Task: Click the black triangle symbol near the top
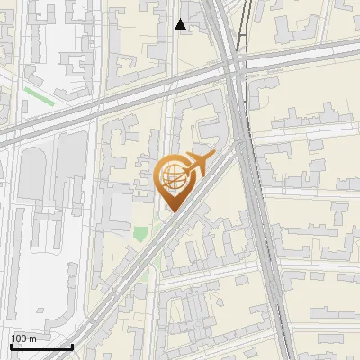click(181, 24)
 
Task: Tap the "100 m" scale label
click(23, 338)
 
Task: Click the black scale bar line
click(41, 346)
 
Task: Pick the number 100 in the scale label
click(19, 338)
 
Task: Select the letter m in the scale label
click(32, 338)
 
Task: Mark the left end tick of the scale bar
click(10, 345)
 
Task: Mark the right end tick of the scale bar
click(73, 345)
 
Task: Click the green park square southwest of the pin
click(140, 233)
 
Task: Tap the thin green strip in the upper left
click(39, 95)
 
